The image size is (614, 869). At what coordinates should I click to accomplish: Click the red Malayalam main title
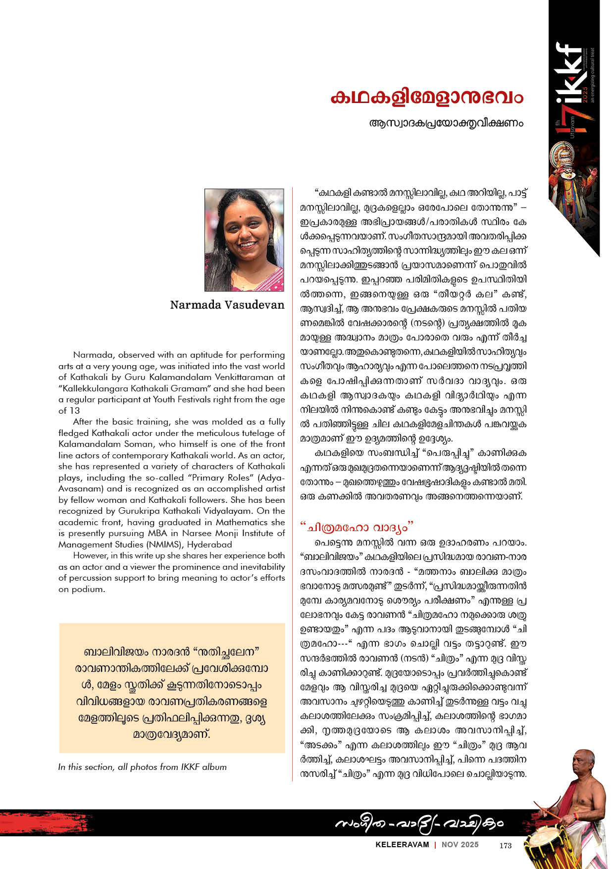[x=426, y=97]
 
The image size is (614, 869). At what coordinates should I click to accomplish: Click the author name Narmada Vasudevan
[x=227, y=305]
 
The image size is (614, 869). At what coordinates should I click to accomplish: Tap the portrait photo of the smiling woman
[x=244, y=240]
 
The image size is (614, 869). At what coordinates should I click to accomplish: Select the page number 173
[x=506, y=845]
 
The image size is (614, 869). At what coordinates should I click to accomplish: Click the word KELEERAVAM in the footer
[x=402, y=845]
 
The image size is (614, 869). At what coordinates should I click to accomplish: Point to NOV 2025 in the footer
[x=460, y=845]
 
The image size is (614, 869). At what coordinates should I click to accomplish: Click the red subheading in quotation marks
[x=357, y=526]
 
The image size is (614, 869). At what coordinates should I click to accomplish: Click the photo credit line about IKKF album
[x=143, y=767]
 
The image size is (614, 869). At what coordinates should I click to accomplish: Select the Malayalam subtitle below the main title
[x=446, y=123]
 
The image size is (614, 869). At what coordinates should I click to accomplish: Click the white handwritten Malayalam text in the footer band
[x=419, y=823]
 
